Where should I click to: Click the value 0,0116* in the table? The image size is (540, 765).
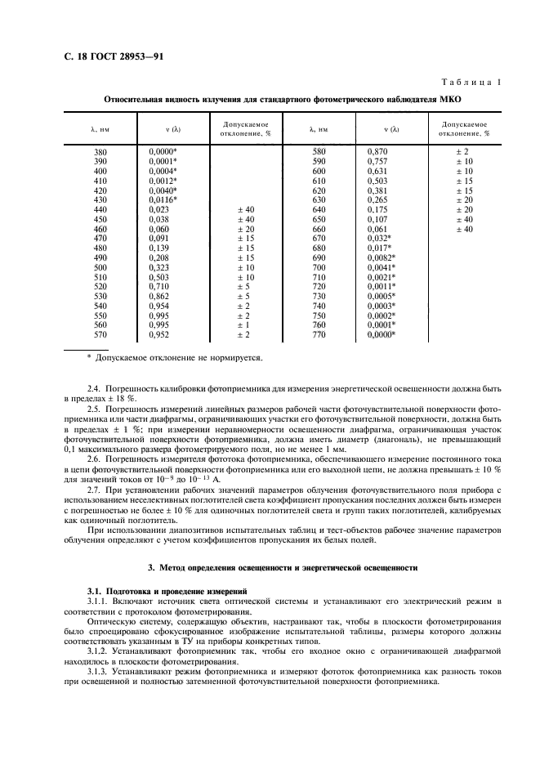[163, 199]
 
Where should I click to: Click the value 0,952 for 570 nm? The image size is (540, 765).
[160, 333]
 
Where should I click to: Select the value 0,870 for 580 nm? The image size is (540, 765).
[377, 152]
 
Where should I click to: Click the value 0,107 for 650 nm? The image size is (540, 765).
[377, 219]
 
